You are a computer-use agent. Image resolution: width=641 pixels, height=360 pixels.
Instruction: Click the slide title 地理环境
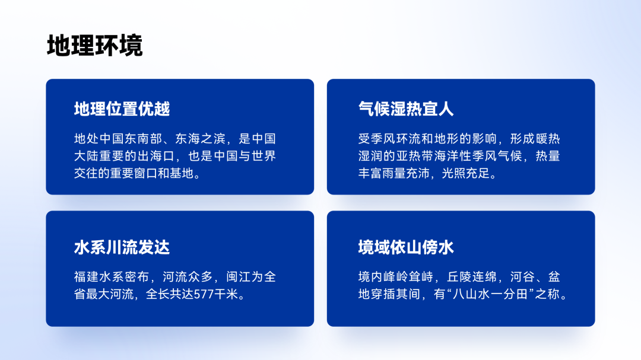[95, 45]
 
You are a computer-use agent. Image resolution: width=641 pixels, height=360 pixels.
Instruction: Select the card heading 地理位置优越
[122, 109]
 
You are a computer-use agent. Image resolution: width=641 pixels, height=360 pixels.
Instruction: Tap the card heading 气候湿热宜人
[406, 109]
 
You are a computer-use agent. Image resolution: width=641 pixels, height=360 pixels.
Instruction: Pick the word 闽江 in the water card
[239, 277]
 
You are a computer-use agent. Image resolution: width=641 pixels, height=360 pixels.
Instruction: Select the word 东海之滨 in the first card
[201, 139]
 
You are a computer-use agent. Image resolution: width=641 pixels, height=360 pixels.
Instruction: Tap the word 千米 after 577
[226, 294]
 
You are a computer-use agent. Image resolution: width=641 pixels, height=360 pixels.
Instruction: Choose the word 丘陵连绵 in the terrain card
[472, 277]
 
